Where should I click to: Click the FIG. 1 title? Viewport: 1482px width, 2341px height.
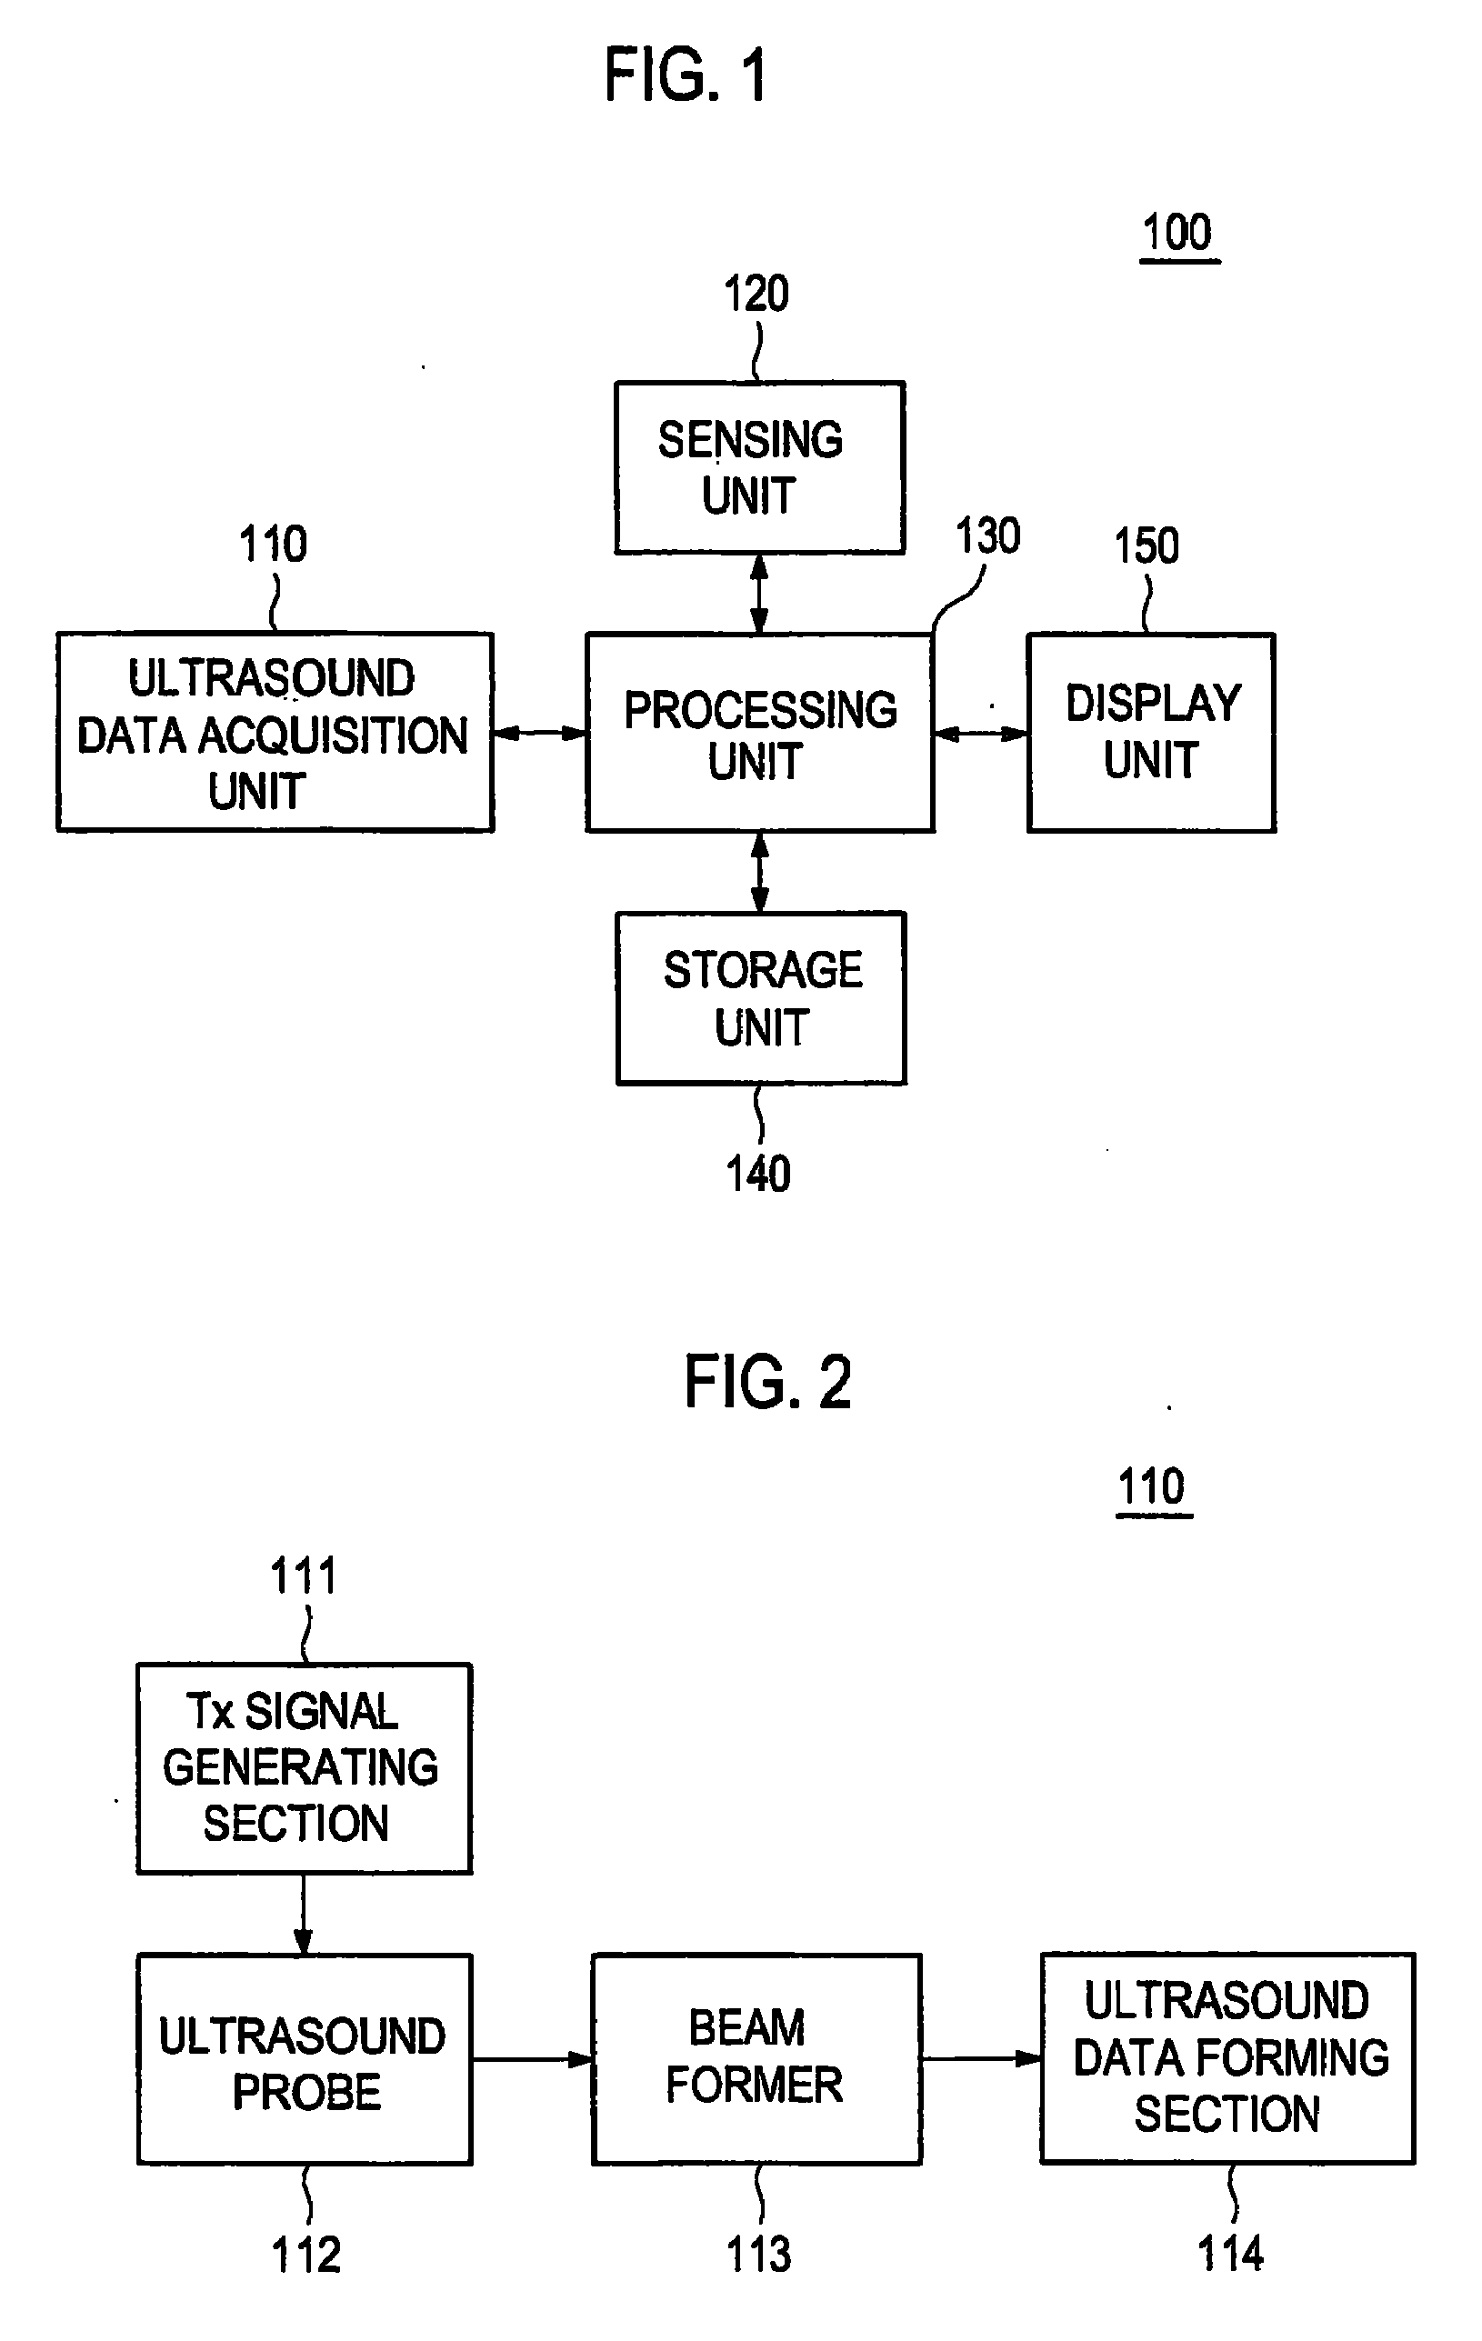[x=686, y=75]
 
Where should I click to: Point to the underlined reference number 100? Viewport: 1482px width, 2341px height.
[x=1177, y=235]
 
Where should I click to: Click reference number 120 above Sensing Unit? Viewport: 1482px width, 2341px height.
[x=756, y=294]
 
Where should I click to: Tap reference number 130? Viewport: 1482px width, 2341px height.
[x=988, y=535]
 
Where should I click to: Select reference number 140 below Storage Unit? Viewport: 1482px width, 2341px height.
[x=758, y=1174]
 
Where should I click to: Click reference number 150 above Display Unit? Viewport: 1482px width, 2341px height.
[x=1147, y=545]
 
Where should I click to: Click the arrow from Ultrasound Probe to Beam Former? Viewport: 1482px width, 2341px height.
[x=533, y=2058]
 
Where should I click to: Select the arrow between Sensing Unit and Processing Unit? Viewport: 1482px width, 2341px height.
[x=759, y=594]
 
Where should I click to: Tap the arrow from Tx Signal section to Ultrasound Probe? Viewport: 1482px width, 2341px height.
[x=304, y=1915]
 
